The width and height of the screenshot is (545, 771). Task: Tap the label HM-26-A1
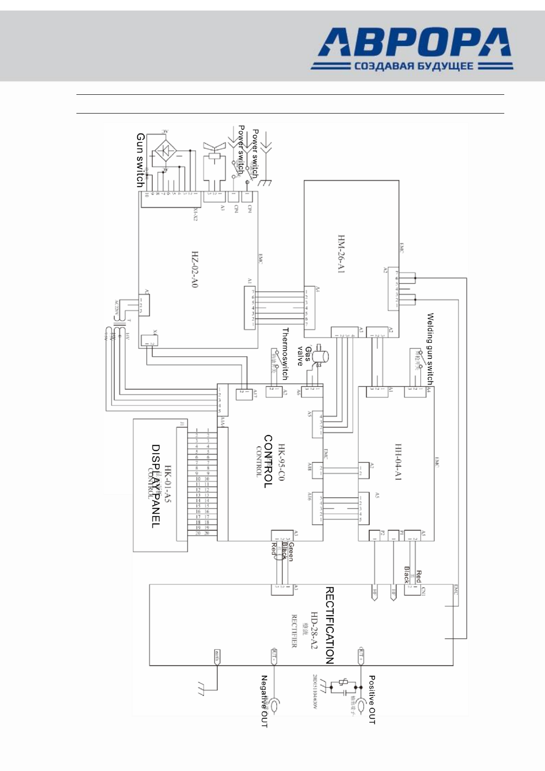coord(341,255)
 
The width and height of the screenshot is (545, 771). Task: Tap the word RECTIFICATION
coord(329,625)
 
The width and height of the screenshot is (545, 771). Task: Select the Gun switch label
coord(140,160)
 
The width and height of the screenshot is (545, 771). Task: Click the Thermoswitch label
coord(285,354)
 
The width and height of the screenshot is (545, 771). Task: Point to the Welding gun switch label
coord(430,348)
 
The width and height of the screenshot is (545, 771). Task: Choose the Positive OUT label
coord(372,700)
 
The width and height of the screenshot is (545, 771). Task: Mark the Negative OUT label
coord(264,701)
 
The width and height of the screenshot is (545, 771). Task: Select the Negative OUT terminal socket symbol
coord(275,705)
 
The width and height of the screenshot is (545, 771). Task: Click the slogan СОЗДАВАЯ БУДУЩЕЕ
coord(412,66)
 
